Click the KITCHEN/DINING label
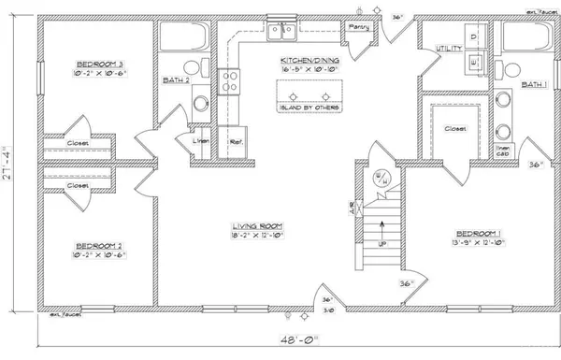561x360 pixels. coord(308,61)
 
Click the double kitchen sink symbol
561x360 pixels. coord(281,34)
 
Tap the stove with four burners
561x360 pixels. coord(230,82)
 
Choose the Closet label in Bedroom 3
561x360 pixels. coord(78,144)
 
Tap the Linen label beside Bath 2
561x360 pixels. coord(199,141)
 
